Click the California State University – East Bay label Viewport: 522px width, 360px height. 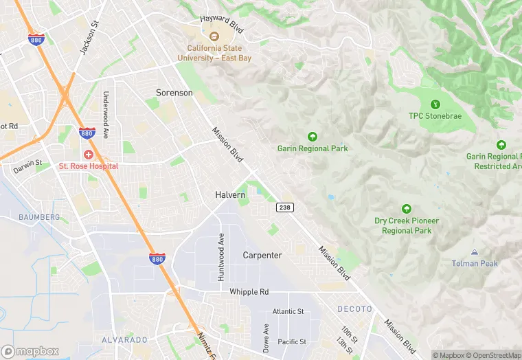214,53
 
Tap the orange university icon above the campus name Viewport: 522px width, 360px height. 214,36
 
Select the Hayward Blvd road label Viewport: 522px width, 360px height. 223,19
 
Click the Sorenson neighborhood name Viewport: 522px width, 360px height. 174,92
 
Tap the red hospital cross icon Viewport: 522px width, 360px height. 89,155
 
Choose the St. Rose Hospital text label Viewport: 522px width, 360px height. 89,166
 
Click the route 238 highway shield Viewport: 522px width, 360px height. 285,207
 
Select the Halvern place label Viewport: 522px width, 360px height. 230,195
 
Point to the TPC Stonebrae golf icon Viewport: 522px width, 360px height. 434,104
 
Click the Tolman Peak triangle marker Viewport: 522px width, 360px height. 475,252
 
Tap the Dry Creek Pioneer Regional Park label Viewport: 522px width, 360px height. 407,225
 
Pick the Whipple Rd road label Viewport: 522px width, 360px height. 249,291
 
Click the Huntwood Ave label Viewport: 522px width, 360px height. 221,257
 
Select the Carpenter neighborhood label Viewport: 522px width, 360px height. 262,255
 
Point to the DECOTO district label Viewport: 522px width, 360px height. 355,309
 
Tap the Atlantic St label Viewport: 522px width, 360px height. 288,311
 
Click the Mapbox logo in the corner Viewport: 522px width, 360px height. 30,351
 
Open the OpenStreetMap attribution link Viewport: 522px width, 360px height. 494,355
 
